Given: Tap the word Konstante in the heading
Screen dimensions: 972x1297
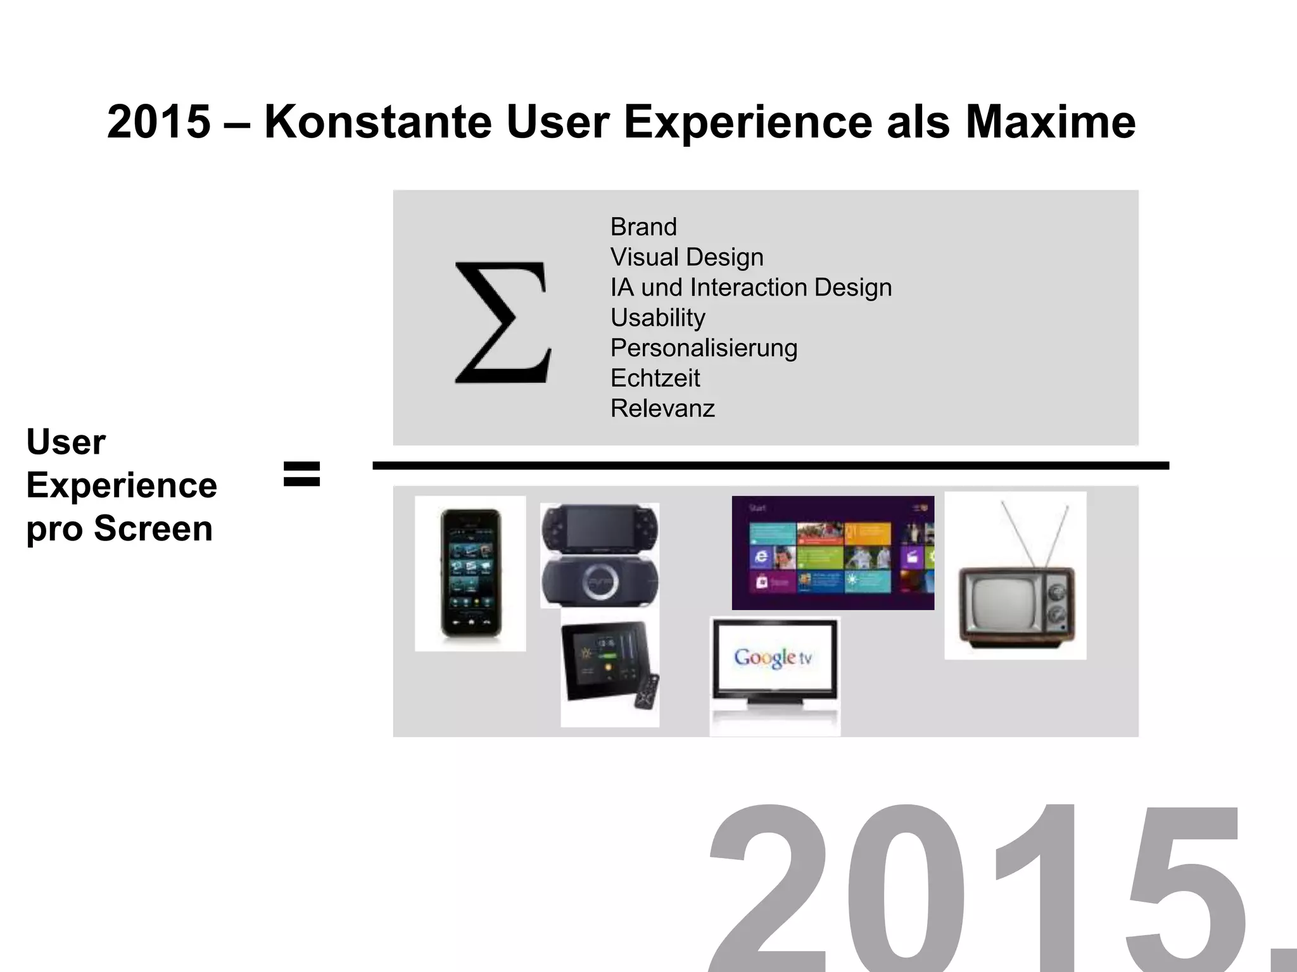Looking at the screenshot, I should pyautogui.click(x=378, y=121).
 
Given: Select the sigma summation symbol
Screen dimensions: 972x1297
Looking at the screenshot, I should pyautogui.click(x=503, y=323).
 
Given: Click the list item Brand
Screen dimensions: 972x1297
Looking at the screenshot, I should pyautogui.click(x=643, y=227).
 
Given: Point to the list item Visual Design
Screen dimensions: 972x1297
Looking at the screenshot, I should pyautogui.click(x=686, y=257).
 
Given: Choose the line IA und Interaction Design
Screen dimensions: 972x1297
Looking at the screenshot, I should pyautogui.click(x=750, y=287).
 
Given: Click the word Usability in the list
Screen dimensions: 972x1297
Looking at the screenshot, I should pyautogui.click(x=657, y=318).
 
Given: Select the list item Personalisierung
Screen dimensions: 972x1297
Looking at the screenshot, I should pyautogui.click(x=704, y=348).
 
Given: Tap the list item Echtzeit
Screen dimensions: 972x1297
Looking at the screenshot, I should pyautogui.click(x=655, y=378).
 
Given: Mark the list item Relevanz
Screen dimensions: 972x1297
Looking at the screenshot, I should pyautogui.click(x=662, y=409).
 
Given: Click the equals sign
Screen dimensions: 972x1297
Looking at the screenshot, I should pyautogui.click(x=302, y=473).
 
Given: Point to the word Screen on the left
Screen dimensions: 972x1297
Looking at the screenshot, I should pyautogui.click(x=153, y=528).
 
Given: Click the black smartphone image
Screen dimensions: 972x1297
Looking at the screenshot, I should pyautogui.click(x=471, y=573).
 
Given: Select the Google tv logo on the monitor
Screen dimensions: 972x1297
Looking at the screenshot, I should pyautogui.click(x=773, y=657).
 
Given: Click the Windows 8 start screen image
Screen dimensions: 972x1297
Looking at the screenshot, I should pyautogui.click(x=833, y=552).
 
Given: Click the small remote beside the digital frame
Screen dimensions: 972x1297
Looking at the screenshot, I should pyautogui.click(x=647, y=693).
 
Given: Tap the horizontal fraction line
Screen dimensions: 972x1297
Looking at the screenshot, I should pyautogui.click(x=770, y=466).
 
